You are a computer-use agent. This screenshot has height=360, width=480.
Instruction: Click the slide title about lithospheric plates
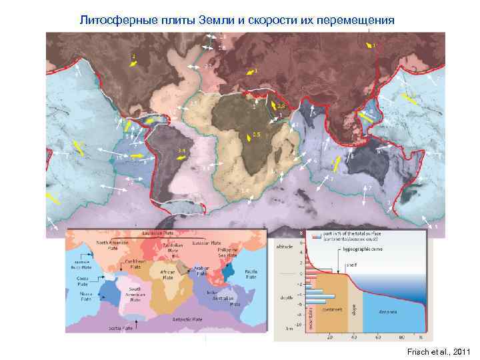237,20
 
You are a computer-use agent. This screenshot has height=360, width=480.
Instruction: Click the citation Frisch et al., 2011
441,351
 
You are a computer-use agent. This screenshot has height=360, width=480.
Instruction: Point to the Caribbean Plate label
135,265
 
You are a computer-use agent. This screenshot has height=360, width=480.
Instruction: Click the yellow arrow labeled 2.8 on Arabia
275,103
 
